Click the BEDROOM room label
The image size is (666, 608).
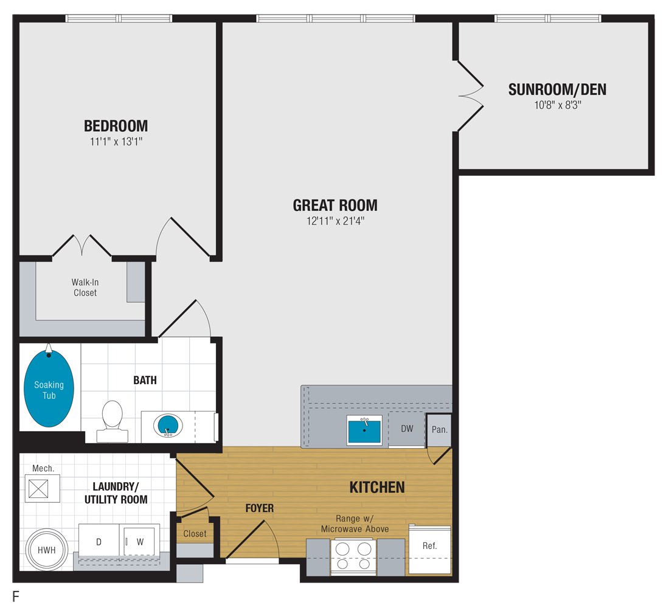(x=116, y=126)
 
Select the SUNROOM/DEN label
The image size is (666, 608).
(x=557, y=89)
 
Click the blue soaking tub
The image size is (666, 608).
(x=49, y=390)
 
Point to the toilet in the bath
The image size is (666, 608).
(x=113, y=420)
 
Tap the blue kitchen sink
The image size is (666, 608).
(x=364, y=430)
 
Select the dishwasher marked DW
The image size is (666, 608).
(x=407, y=429)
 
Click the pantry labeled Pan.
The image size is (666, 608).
(x=439, y=429)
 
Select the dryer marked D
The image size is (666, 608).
(x=99, y=541)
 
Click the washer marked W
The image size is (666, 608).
(x=139, y=541)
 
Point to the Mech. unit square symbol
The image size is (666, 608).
(x=43, y=488)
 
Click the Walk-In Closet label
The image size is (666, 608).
(x=85, y=288)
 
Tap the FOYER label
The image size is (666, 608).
(x=260, y=508)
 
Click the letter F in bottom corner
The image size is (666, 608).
(x=16, y=596)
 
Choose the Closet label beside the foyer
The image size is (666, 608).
(x=195, y=534)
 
